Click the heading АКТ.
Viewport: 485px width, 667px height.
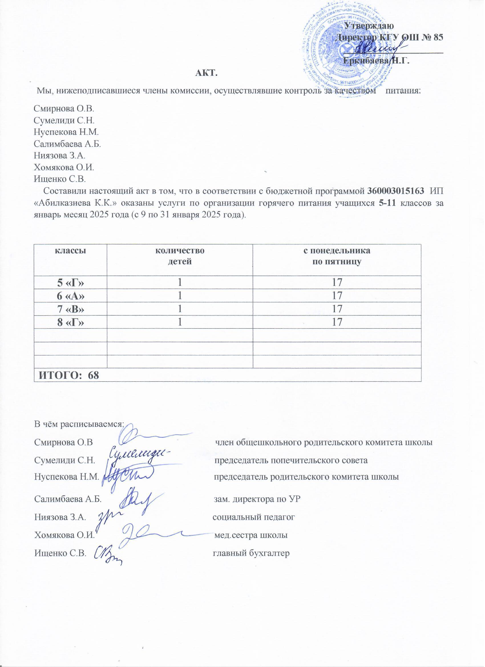coord(206,73)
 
